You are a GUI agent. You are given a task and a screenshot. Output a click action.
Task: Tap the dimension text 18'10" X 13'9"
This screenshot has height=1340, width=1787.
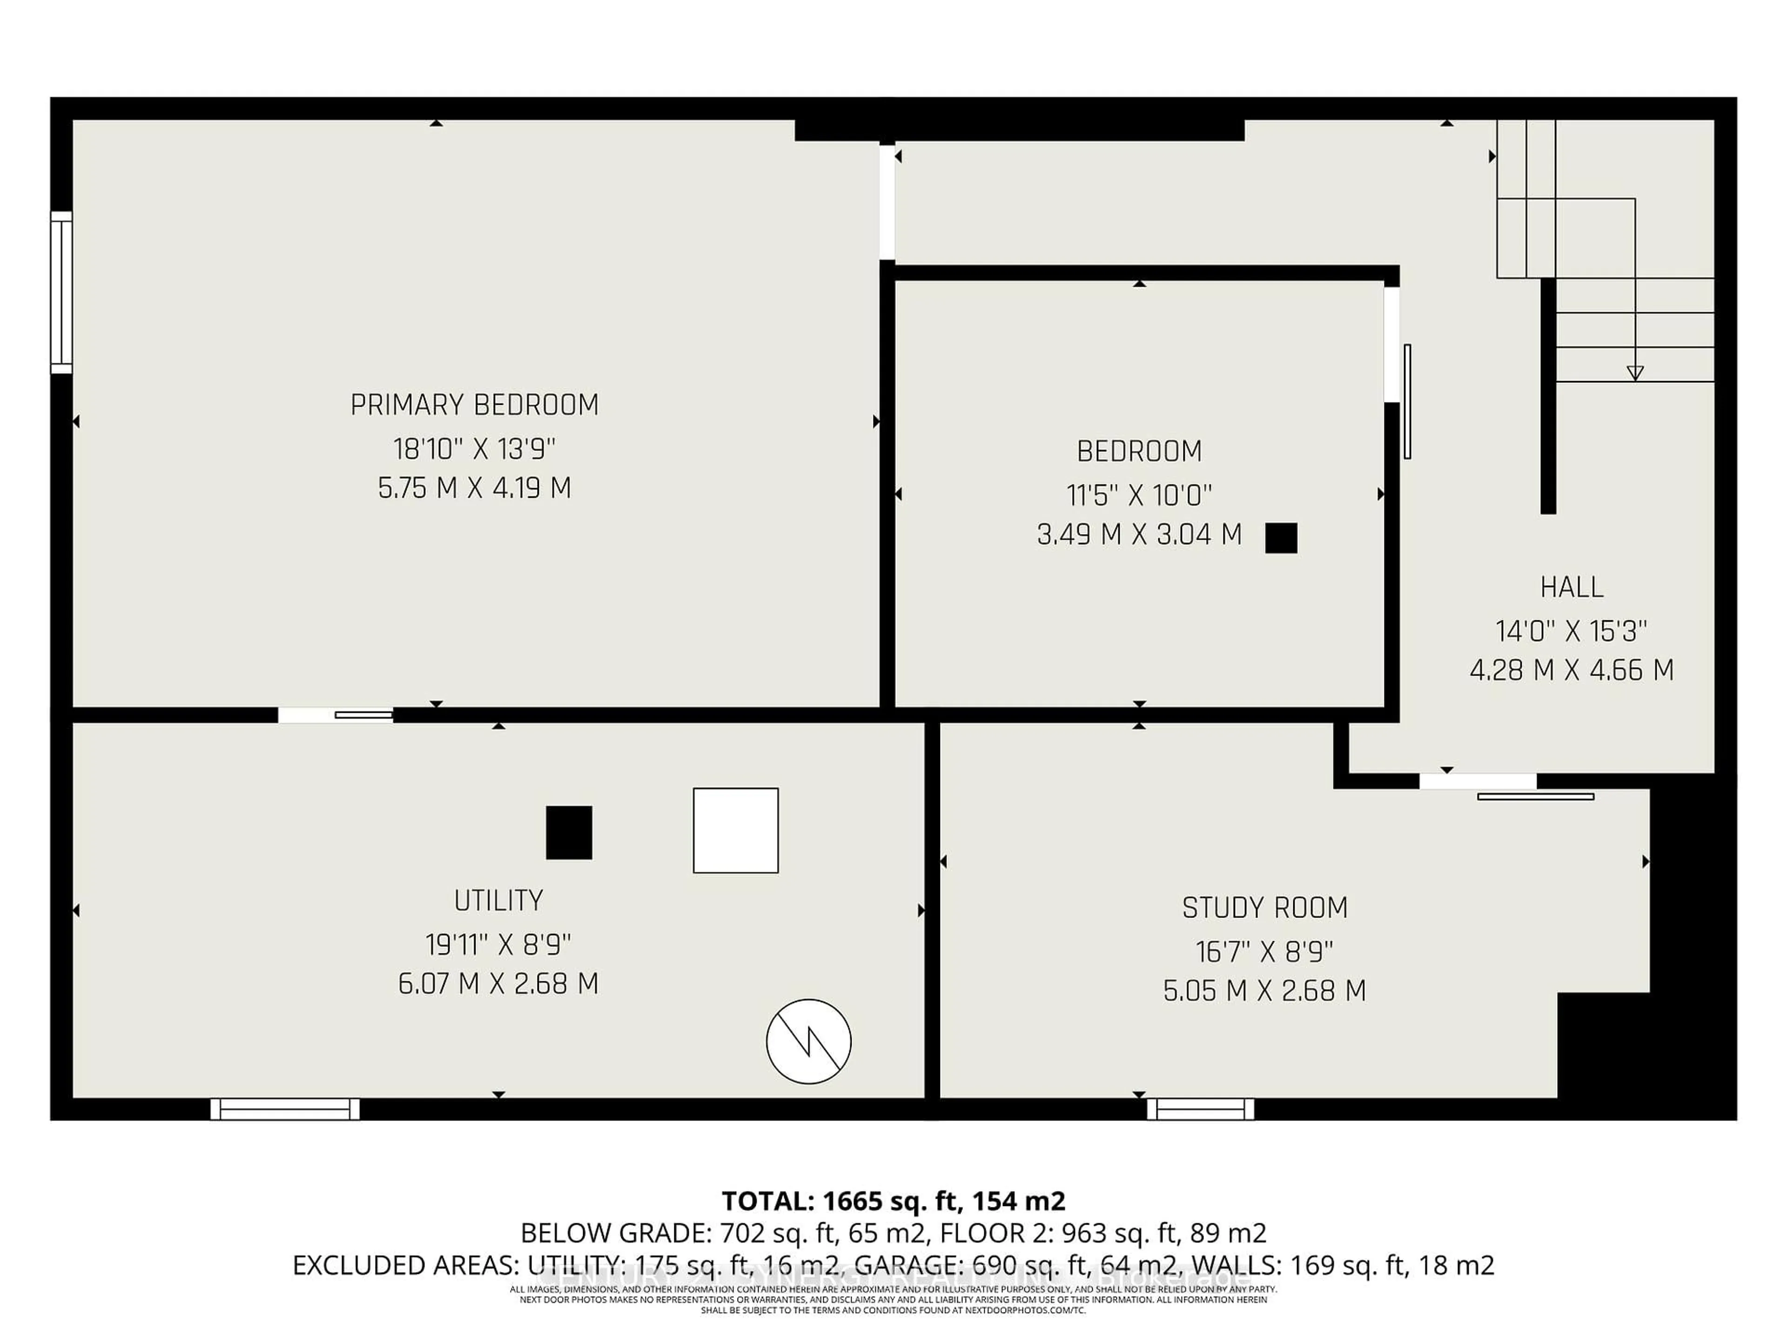point(474,448)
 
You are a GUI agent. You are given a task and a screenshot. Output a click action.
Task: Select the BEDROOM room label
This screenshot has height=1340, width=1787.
point(1139,451)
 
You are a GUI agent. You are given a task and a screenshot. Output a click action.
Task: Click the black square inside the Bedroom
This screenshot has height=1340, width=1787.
point(1281,538)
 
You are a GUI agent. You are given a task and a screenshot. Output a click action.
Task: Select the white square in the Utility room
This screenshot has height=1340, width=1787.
point(735,831)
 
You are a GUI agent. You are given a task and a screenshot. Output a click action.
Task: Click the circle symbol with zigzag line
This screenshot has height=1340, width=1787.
point(808,1041)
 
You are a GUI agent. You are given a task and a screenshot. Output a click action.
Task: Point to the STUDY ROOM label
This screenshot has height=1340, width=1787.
point(1264,908)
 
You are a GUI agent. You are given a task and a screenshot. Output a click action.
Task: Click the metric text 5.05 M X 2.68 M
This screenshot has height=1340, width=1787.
point(1264,990)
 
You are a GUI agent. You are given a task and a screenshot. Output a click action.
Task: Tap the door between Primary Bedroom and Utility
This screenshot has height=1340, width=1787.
point(335,715)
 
